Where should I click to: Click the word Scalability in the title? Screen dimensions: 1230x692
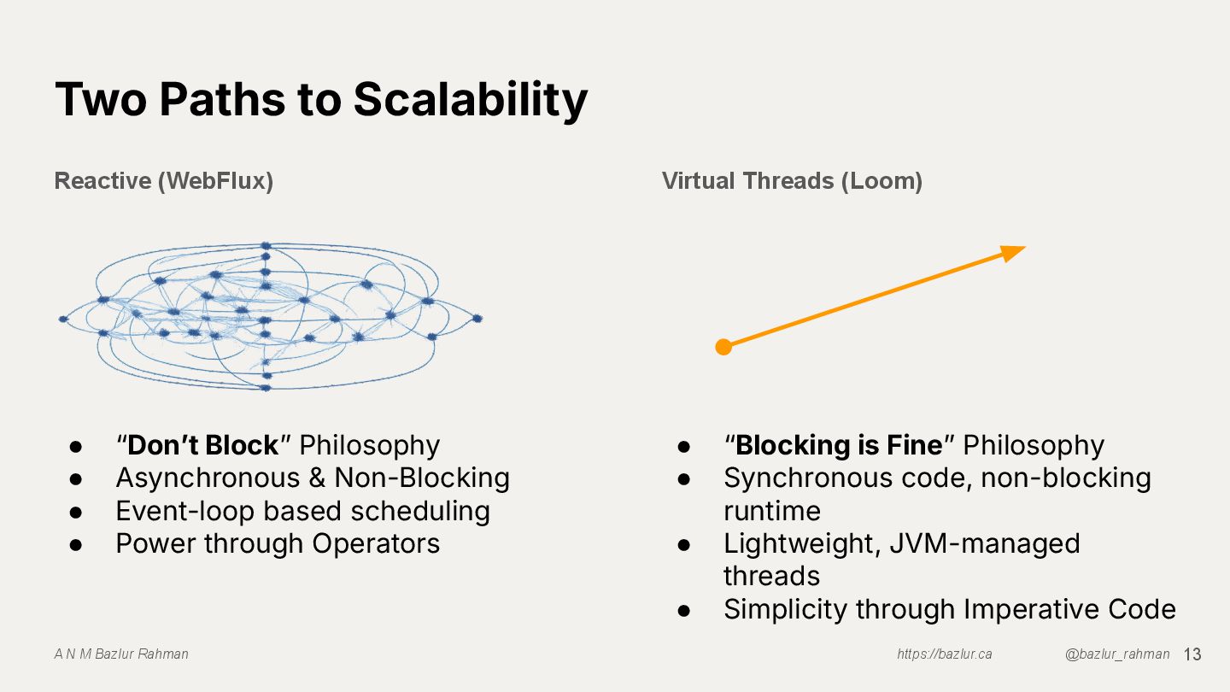click(x=470, y=99)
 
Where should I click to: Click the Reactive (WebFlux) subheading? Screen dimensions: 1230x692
click(x=163, y=181)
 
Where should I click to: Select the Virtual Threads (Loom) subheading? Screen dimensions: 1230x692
click(x=792, y=181)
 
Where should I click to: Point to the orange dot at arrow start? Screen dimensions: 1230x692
click(x=723, y=347)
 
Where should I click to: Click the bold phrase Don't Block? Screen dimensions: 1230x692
click(x=203, y=445)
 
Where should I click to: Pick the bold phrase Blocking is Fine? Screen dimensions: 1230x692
click(x=839, y=445)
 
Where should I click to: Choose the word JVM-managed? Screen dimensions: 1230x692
click(x=985, y=543)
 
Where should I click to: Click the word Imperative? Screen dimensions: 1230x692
click(x=1033, y=609)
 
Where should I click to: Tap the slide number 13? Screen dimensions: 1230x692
click(x=1192, y=654)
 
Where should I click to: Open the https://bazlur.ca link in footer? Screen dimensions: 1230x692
click(x=944, y=654)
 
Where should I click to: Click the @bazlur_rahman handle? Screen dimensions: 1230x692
click(x=1117, y=654)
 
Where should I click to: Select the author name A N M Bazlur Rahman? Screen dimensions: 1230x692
click(x=121, y=654)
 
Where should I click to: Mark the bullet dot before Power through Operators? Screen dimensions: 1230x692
click(x=75, y=544)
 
